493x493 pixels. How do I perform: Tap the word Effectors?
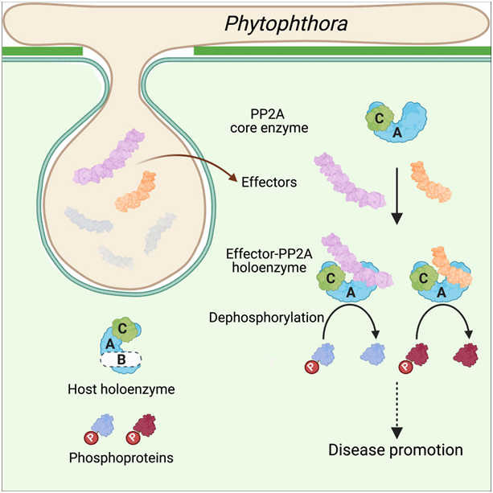click(x=268, y=183)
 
